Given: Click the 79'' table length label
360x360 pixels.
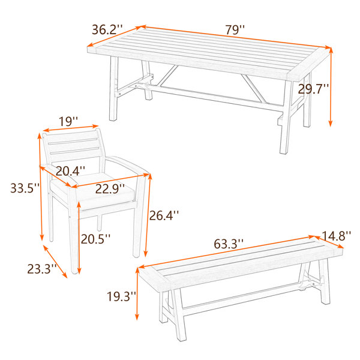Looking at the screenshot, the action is pos(235,30).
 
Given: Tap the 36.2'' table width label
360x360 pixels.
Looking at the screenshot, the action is pos(107,30).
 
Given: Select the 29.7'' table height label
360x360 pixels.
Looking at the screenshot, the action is pos(313,89).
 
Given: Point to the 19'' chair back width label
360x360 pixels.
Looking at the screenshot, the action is pos(68,121).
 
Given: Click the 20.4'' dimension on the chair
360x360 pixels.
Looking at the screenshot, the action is pos(70,171).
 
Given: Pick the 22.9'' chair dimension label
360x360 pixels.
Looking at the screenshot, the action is pos(110,189).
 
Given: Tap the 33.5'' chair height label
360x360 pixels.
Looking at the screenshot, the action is pos(25,188).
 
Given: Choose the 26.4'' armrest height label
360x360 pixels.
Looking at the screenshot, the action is pos(164,215).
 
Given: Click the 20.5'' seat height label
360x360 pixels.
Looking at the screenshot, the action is pos(95,239).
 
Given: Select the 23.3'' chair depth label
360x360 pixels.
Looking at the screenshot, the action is pos(42,269).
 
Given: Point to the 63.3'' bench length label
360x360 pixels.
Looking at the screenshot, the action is pos(229,244).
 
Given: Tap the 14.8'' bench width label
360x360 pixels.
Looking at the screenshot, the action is pos(337,236).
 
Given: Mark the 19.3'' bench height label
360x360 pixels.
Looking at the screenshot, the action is pos(122,296).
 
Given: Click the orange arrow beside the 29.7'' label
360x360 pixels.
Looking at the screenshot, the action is pos(331,87).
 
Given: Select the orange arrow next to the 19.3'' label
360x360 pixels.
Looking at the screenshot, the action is pos(137,293).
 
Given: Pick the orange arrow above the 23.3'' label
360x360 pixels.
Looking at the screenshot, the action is pos(55,262).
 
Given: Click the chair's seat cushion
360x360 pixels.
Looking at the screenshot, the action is pos(92,191).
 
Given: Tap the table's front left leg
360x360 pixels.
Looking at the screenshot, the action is pos(113,88).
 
